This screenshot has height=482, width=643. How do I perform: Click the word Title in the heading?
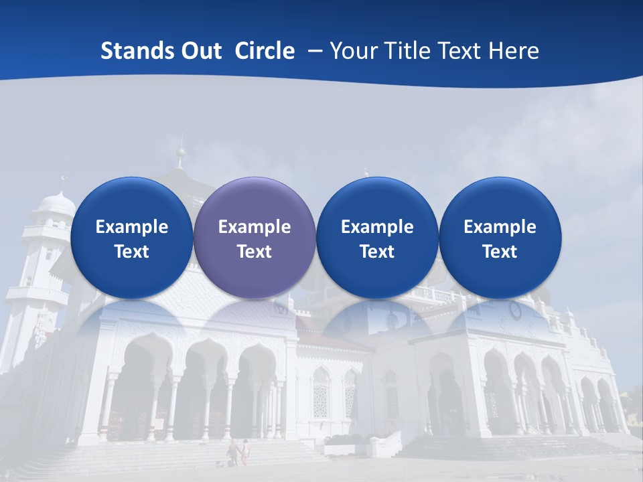pos(404,52)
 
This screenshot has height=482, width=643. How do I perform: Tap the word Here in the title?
pos(512,52)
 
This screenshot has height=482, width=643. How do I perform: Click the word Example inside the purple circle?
pos(255,227)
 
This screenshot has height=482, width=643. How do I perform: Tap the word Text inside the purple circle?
pos(255,252)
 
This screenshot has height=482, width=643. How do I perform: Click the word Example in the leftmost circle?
pos(131,227)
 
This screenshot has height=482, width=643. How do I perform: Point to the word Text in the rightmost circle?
pos(500,252)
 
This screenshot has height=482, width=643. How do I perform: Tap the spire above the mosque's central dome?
pos(180,151)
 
